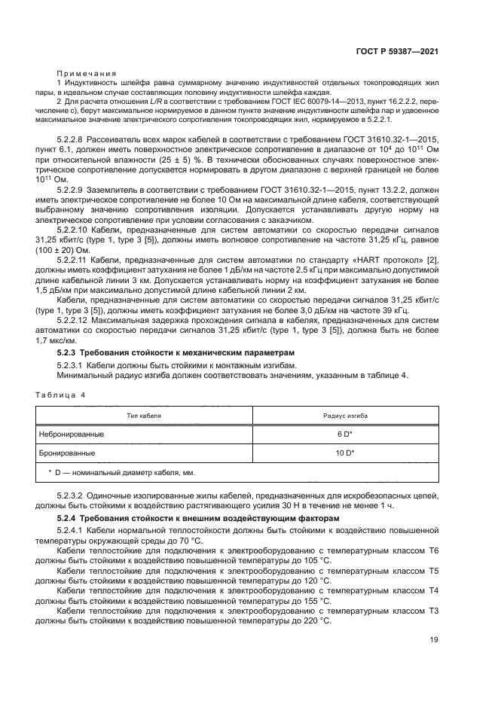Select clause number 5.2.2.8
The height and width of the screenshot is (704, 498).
(75, 141)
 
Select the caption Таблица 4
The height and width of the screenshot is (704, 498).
(61, 395)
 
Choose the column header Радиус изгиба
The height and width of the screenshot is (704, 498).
(345, 415)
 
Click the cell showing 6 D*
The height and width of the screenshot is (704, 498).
(345, 434)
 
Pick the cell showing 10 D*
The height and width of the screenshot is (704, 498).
(345, 453)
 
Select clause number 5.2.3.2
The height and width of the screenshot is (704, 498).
(75, 495)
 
